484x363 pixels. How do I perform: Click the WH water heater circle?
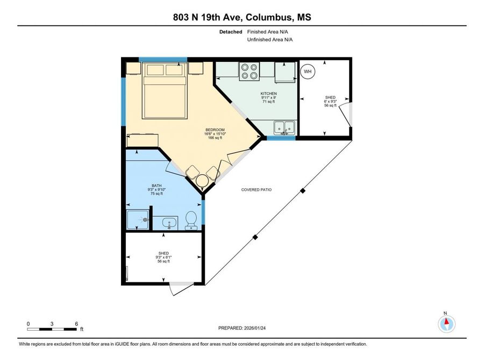tap(308, 72)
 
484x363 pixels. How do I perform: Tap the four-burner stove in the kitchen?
tap(249, 72)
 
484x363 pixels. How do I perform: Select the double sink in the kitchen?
tap(284, 128)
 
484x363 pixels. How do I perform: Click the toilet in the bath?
tap(191, 220)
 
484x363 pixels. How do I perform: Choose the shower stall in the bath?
tap(138, 219)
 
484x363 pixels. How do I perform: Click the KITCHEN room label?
tap(268, 94)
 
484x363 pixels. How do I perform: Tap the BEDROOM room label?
tap(215, 130)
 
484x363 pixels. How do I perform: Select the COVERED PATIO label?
tap(256, 189)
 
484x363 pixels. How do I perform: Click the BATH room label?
tap(156, 186)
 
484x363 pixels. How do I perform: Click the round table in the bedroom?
tap(203, 180)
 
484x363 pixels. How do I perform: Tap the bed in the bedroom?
tap(165, 90)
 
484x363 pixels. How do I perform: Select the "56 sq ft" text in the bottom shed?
tap(163, 261)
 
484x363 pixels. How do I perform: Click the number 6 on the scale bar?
tap(76, 324)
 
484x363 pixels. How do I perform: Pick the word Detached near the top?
tap(231, 32)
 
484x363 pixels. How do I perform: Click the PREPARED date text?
tap(242, 328)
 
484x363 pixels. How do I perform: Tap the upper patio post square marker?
tap(303, 191)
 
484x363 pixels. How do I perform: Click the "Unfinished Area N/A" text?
tap(270, 39)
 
